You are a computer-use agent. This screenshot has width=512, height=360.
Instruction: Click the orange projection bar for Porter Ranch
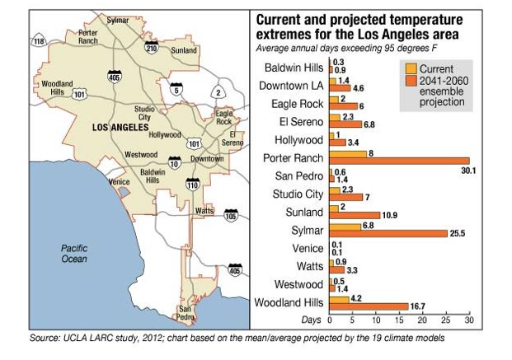coord(399,161)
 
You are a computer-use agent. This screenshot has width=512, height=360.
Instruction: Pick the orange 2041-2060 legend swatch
coord(410,82)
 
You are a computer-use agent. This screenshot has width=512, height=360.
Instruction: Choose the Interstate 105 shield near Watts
coord(230,217)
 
